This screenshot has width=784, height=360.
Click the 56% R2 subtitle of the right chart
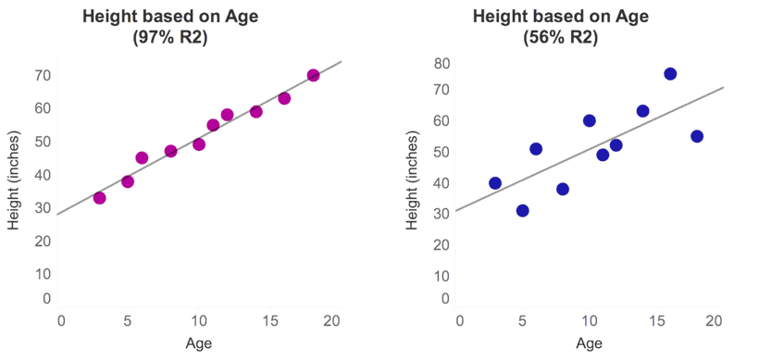(x=561, y=38)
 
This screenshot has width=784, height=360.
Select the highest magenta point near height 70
(x=313, y=75)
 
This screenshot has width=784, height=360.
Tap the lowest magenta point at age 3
(x=99, y=197)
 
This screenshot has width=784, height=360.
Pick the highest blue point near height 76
(x=670, y=74)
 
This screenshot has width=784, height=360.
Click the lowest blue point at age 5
(x=522, y=210)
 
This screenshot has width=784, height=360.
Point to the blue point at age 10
(x=589, y=120)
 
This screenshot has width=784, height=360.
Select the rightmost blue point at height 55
(x=697, y=136)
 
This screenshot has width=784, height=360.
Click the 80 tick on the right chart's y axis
(x=442, y=64)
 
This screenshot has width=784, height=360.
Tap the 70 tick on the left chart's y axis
(x=43, y=75)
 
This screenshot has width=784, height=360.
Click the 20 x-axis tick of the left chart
(x=332, y=320)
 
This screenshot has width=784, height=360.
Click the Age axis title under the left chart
(x=199, y=344)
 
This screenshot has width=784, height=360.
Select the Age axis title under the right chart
(x=590, y=344)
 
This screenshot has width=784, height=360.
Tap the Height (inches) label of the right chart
(x=413, y=180)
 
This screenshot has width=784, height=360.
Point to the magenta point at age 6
(x=142, y=157)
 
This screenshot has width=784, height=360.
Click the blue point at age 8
(x=562, y=189)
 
